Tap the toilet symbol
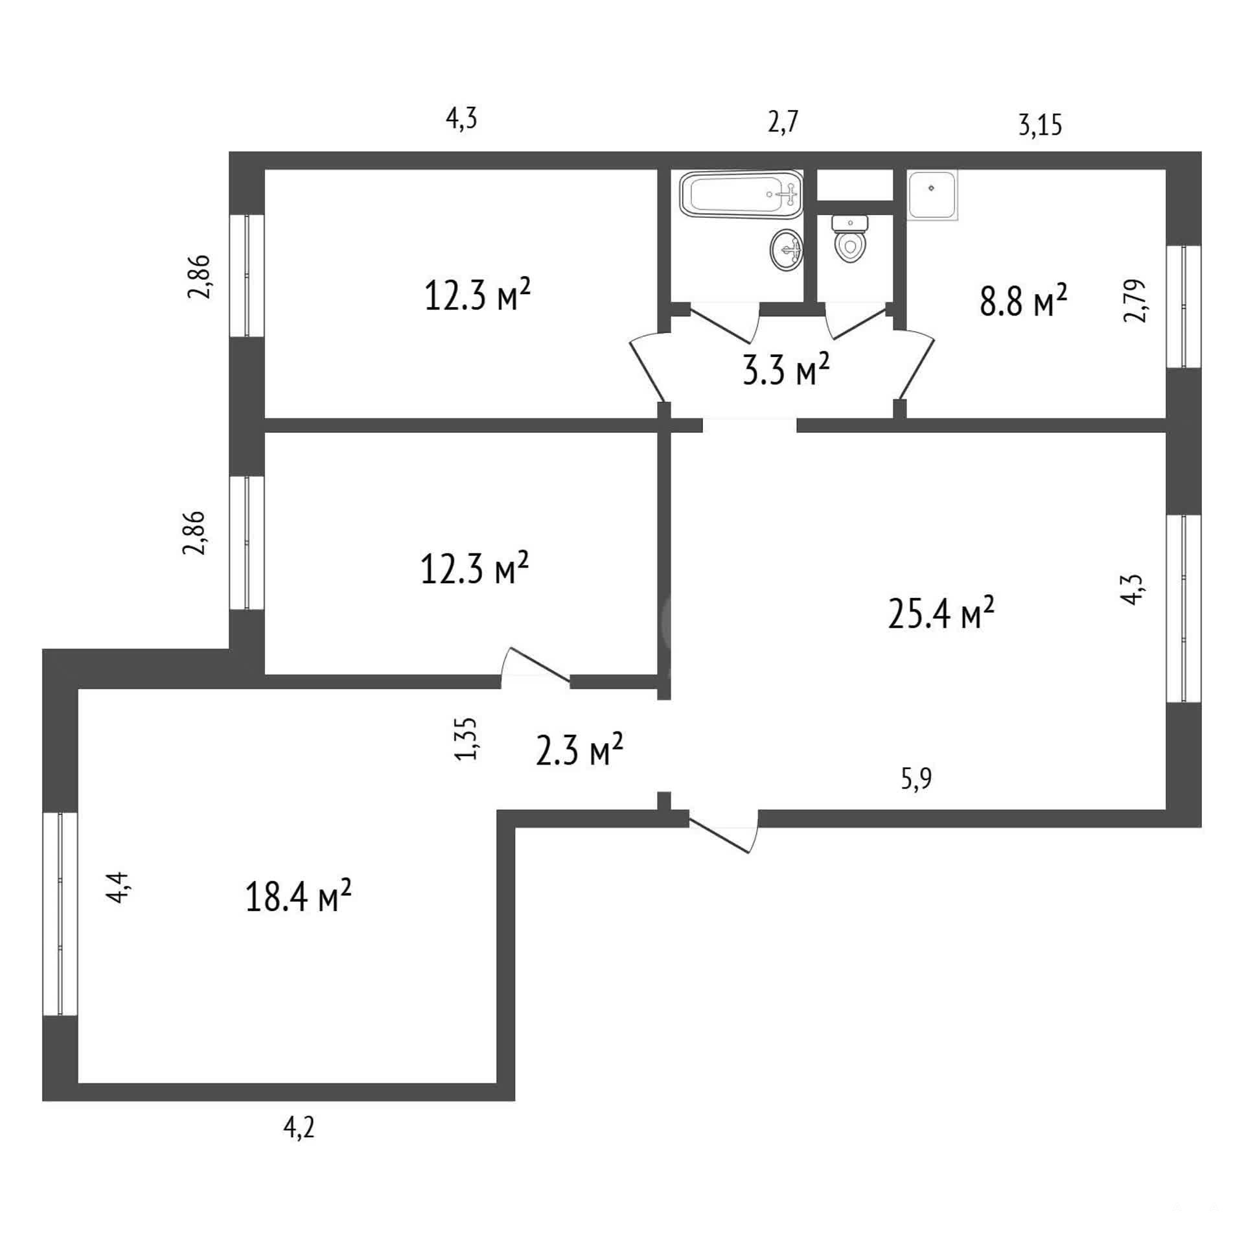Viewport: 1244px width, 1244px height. click(849, 238)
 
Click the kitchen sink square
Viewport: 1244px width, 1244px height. click(932, 195)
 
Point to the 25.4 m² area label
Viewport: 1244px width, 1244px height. click(941, 613)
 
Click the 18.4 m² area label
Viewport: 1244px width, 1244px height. click(298, 896)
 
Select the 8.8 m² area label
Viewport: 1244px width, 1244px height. click(1023, 300)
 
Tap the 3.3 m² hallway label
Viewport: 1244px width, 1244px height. click(786, 370)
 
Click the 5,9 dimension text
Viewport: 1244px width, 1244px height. click(916, 778)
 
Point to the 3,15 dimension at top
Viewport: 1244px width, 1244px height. click(1041, 124)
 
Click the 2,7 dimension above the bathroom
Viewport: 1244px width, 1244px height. click(783, 122)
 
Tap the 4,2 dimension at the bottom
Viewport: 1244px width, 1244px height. click(299, 1129)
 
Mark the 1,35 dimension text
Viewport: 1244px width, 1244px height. click(466, 738)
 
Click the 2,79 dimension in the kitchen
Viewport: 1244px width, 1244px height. click(1135, 300)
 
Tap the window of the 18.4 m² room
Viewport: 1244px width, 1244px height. click(60, 914)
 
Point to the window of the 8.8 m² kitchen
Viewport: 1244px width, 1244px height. click(1184, 307)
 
